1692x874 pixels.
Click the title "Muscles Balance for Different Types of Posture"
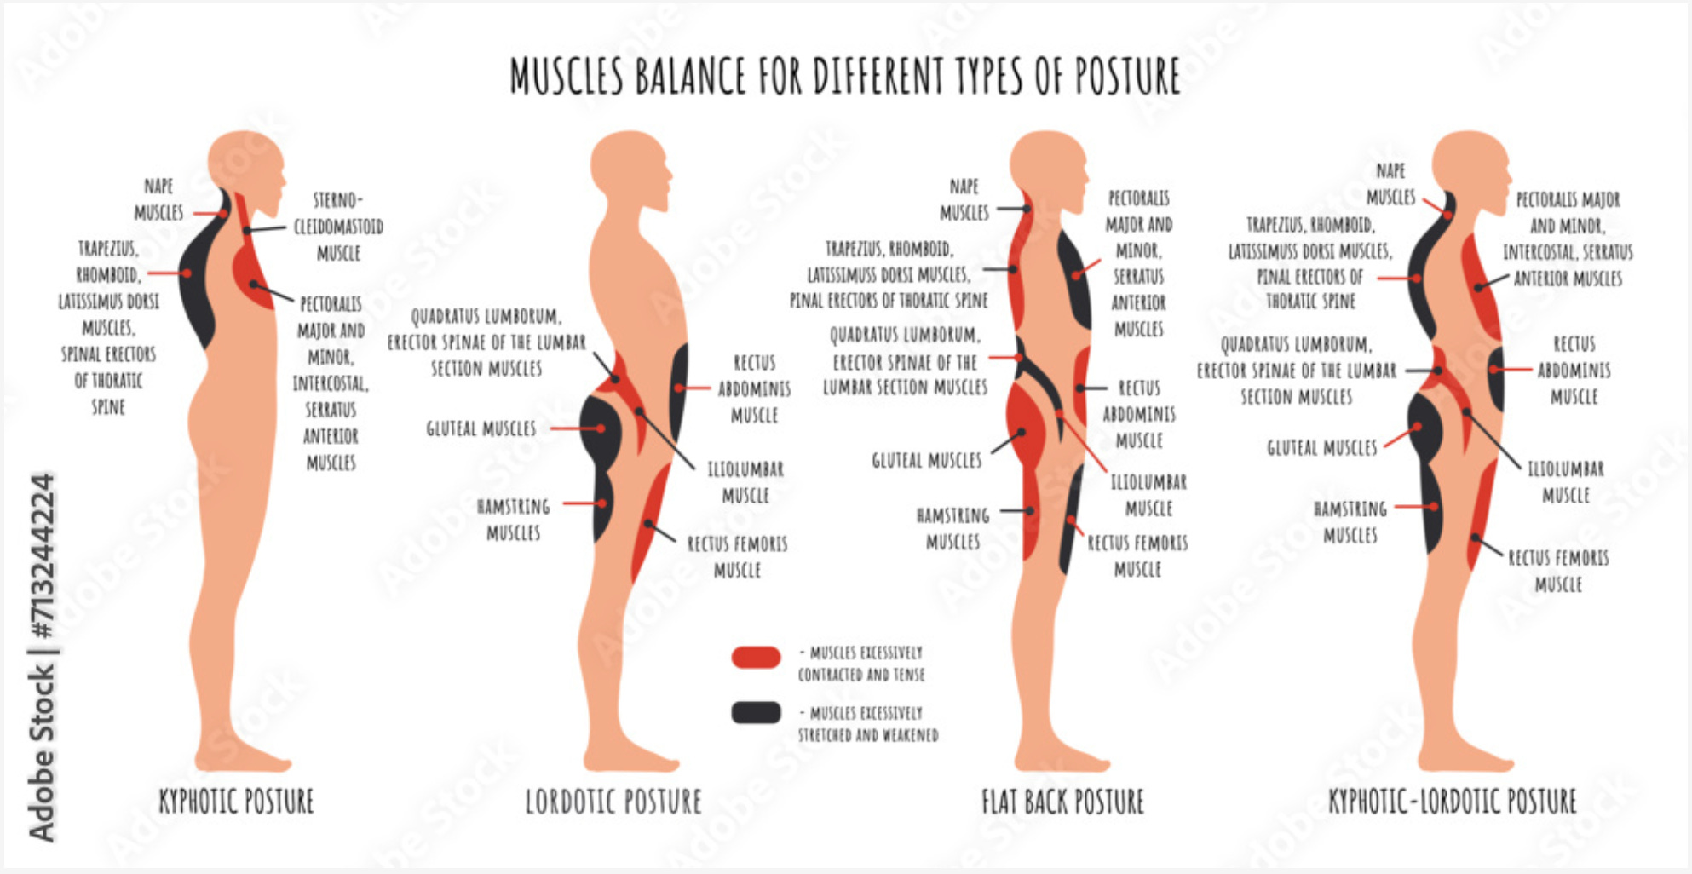(x=844, y=76)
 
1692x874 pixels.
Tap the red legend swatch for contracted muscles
(x=756, y=658)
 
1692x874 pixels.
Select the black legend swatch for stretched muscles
(x=756, y=712)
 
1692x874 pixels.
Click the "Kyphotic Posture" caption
(x=236, y=802)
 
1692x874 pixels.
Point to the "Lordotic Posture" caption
(x=613, y=802)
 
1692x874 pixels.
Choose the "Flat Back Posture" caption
(x=1062, y=802)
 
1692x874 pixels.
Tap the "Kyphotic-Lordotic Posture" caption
(x=1452, y=802)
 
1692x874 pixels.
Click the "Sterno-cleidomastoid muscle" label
(x=338, y=227)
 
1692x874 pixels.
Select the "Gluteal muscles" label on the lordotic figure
(x=481, y=428)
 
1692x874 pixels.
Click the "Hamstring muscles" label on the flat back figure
(x=952, y=528)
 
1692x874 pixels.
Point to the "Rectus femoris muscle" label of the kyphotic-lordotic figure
(x=1558, y=571)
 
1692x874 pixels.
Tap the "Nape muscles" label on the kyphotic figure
(x=158, y=199)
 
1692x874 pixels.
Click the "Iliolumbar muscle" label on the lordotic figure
(x=745, y=482)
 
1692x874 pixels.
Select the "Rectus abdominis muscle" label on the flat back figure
(x=1138, y=414)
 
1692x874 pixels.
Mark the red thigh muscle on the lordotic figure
(x=649, y=520)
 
